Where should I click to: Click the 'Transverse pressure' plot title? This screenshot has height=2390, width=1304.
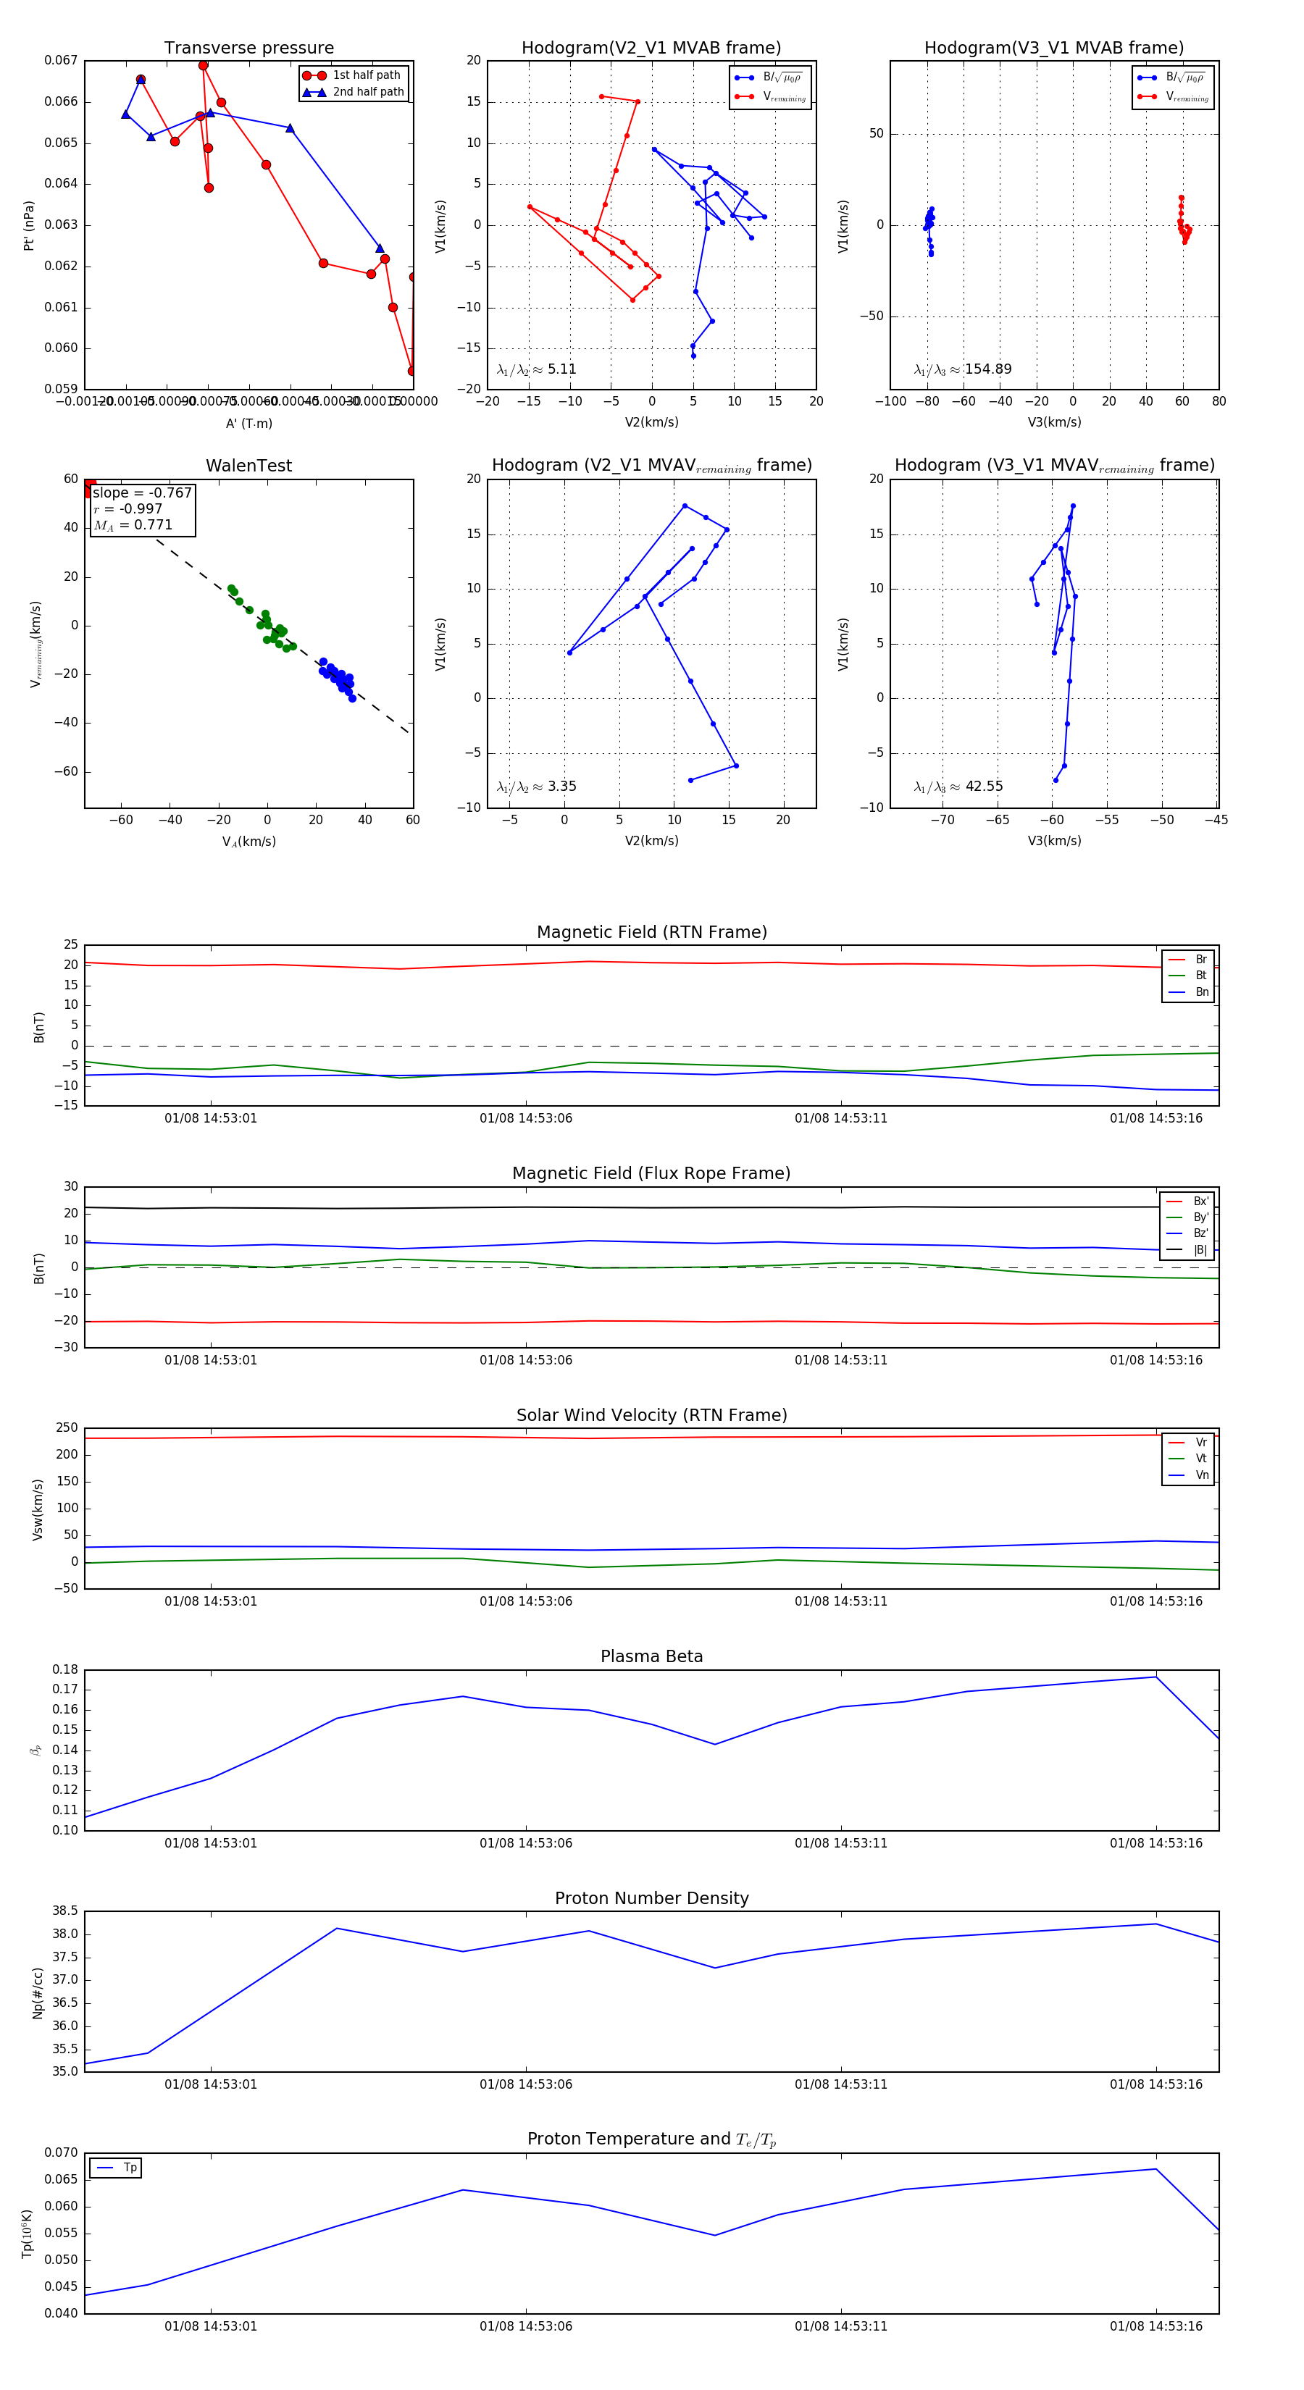(x=248, y=49)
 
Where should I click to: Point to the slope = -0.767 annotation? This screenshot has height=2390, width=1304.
(x=142, y=492)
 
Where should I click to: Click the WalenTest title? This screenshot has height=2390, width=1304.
(x=248, y=466)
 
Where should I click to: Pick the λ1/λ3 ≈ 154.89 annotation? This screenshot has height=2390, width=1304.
(x=963, y=369)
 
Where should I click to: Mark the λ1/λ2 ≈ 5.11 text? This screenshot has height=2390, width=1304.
(x=536, y=369)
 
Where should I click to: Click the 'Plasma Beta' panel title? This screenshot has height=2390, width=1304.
(x=651, y=1656)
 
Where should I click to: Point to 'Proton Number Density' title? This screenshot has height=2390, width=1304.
(x=651, y=1898)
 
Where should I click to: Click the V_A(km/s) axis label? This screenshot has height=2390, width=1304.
(x=248, y=842)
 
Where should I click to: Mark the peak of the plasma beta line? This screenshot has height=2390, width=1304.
(x=1155, y=1677)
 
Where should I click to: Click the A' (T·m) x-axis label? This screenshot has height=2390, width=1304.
(x=248, y=423)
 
